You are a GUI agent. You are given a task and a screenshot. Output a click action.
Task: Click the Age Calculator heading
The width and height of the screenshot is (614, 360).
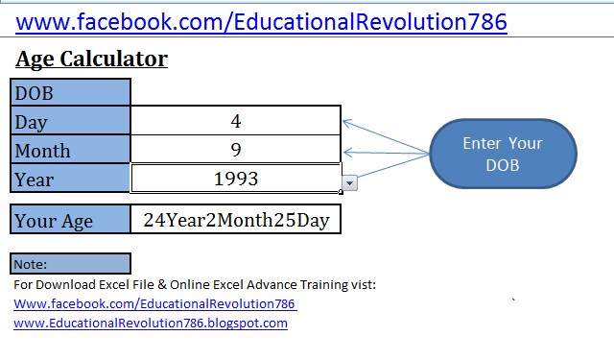pos(91,59)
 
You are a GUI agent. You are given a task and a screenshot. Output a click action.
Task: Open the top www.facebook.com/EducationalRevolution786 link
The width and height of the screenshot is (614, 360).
pos(261,21)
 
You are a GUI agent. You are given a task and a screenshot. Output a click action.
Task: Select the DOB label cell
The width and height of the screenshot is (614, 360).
pos(70,93)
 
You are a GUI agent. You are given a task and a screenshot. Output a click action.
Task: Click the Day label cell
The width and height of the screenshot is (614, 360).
pos(70,122)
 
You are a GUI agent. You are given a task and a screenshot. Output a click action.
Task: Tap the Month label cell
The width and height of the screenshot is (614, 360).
pos(70,151)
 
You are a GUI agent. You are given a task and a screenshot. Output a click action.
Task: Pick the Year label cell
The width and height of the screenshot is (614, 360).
pos(70,180)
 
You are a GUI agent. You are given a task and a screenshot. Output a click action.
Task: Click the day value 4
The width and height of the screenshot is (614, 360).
pos(236,121)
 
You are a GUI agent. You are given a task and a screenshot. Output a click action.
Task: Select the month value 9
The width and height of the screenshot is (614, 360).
pos(236,150)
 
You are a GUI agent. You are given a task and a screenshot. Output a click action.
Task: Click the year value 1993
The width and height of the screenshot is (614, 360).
pos(236,179)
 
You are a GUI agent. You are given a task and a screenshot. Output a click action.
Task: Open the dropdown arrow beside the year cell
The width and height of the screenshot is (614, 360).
pos(349,182)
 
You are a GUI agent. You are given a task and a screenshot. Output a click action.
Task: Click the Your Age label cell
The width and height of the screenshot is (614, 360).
pos(70,220)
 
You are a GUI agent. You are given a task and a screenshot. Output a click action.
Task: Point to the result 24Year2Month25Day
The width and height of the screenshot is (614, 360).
pos(236,220)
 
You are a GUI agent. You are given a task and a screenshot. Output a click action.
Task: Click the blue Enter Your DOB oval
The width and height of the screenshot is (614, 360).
pos(502,154)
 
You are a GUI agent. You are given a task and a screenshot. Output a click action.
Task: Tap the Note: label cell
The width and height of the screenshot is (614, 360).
pos(70,264)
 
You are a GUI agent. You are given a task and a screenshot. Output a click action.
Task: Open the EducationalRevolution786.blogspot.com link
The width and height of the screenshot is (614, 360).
pos(151,324)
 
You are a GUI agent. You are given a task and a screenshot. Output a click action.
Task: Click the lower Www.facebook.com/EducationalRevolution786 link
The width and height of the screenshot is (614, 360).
pos(154,304)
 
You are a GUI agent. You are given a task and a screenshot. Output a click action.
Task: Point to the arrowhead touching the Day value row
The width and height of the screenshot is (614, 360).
pos(346,122)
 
